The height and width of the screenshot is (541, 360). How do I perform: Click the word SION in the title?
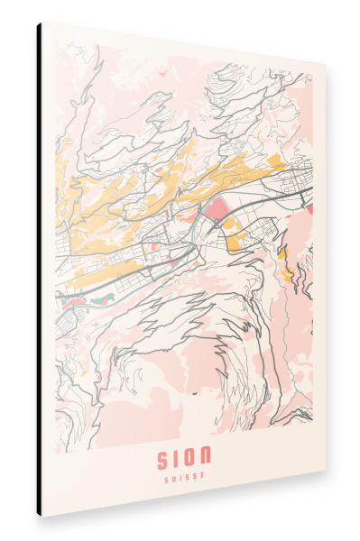[185, 458]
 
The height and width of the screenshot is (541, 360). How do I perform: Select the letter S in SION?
[164, 458]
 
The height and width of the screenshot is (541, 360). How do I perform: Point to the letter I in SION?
[178, 458]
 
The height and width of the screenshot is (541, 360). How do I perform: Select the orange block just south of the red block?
[234, 239]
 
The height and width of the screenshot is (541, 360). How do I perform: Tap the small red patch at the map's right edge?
[310, 208]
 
